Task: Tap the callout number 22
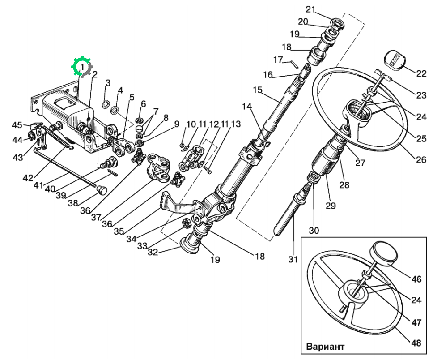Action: pos(421,73)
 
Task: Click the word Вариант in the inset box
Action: pos(325,347)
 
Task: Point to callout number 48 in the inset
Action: pos(416,343)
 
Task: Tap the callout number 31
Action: pos(293,259)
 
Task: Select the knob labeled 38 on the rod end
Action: pos(102,190)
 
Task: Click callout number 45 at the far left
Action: pos(17,125)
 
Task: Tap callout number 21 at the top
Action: pos(310,9)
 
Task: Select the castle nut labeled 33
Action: pos(187,223)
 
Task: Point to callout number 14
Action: pos(247,106)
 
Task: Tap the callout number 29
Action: pos(330,206)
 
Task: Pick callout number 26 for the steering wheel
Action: pos(421,159)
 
